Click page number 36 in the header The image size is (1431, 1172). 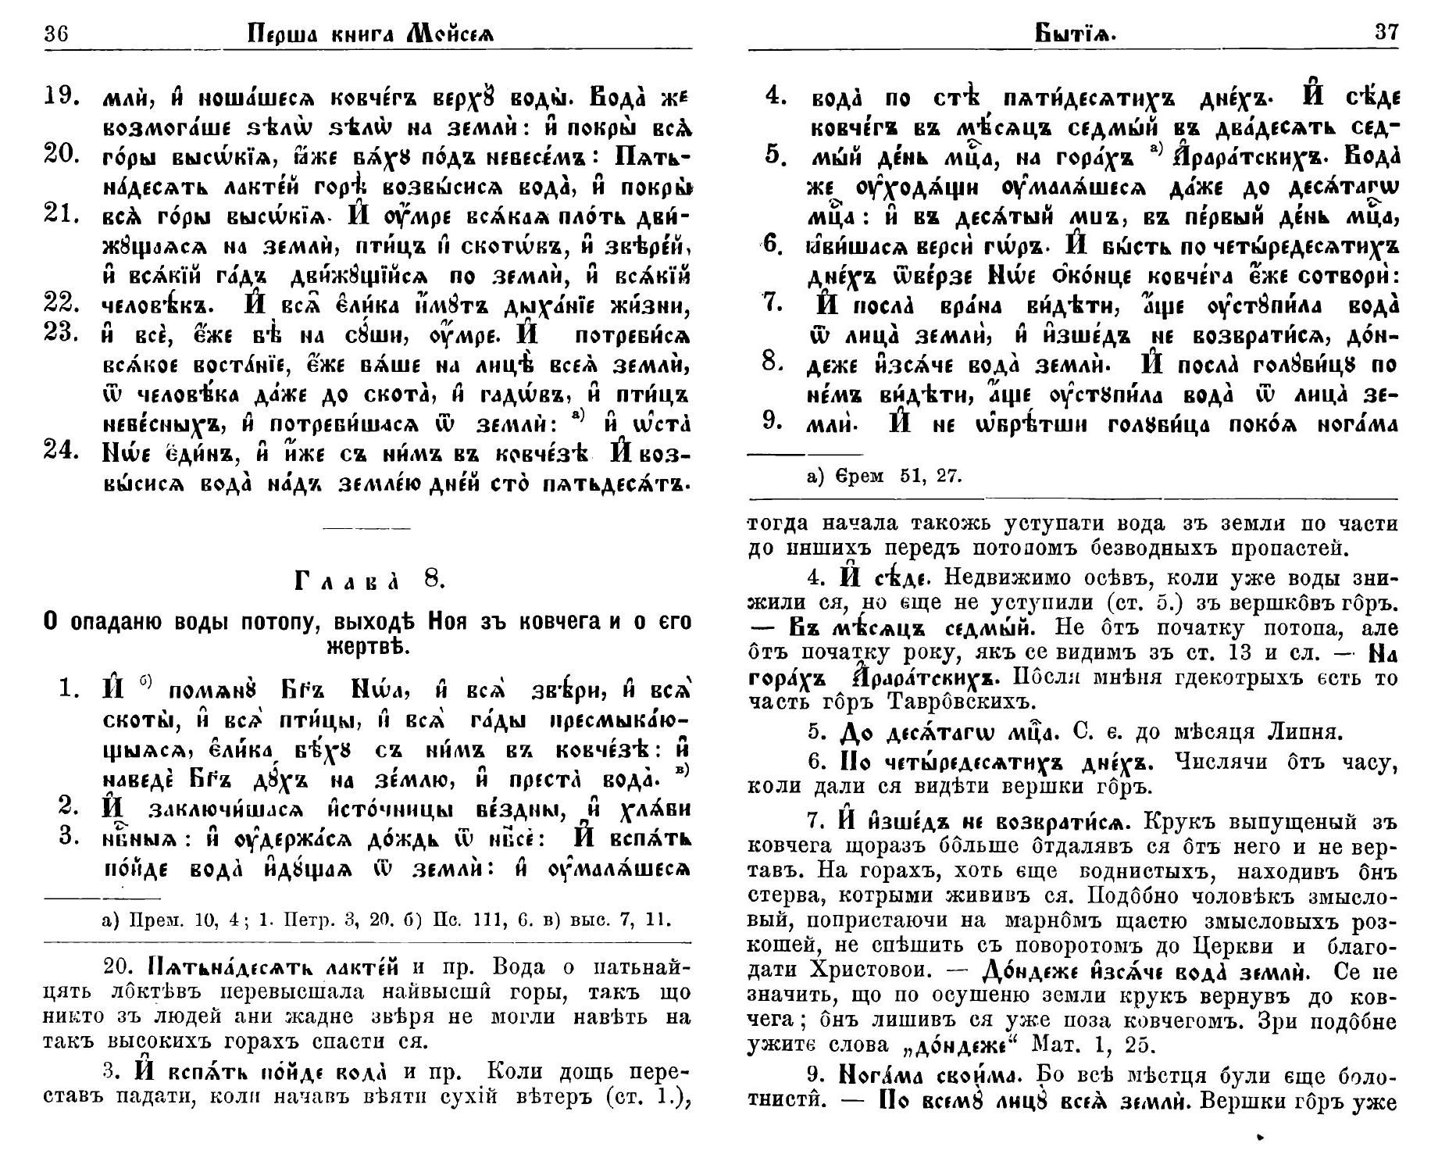pyautogui.click(x=59, y=34)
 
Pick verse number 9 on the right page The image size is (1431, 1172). pyautogui.click(x=773, y=422)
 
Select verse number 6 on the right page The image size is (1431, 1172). pyautogui.click(x=773, y=244)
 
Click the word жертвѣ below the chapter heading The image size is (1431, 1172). pyautogui.click(x=367, y=648)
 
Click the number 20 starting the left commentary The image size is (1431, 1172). pyautogui.click(x=117, y=967)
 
